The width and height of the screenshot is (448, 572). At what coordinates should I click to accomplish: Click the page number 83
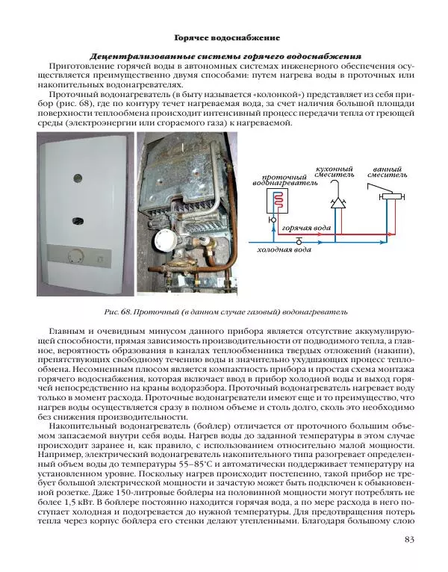[x=408, y=541]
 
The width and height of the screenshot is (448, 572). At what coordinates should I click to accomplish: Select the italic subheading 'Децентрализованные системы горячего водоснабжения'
[x=225, y=56]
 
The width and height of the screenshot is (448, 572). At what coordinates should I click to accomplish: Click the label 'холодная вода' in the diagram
[x=284, y=249]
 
